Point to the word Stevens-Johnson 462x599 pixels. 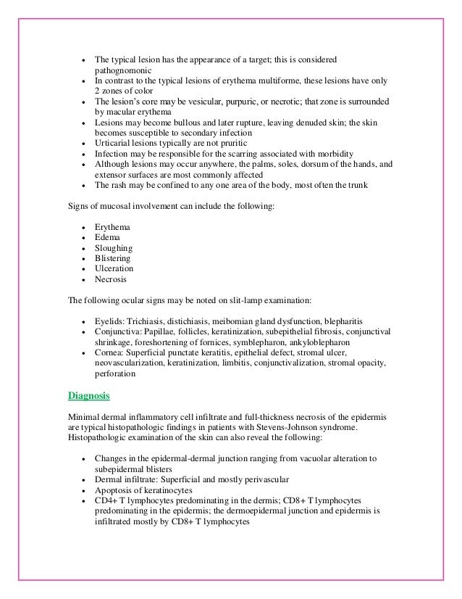[x=324, y=428]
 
